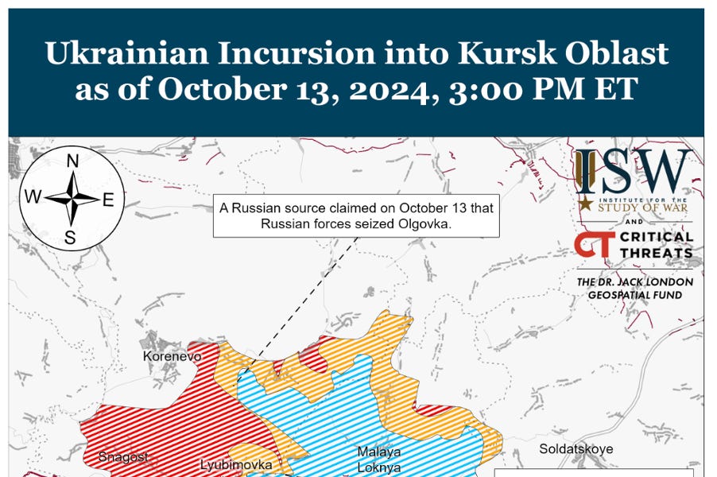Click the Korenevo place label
(x=172, y=357)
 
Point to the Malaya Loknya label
(x=378, y=460)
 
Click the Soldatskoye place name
(x=576, y=449)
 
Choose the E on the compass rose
(x=109, y=199)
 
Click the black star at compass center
(x=72, y=198)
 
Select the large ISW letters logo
(x=634, y=170)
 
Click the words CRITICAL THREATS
(x=657, y=245)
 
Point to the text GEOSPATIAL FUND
(x=634, y=295)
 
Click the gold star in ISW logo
(x=585, y=204)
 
